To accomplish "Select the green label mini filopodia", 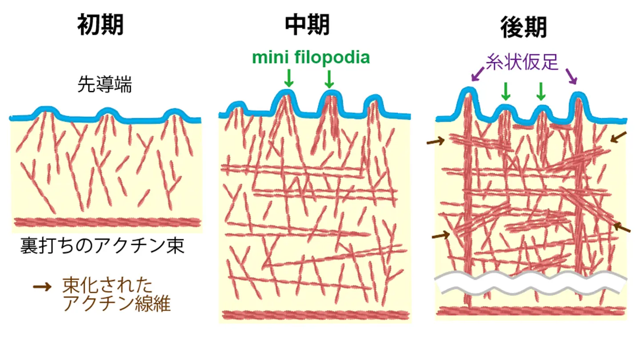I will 311,58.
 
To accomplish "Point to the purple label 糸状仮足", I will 522,62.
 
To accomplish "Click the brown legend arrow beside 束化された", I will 42,287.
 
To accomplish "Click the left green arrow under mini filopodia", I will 289,79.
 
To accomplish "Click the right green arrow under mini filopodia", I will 329,79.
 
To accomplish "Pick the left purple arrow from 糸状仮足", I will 478,75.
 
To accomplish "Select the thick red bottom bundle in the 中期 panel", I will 316,315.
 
